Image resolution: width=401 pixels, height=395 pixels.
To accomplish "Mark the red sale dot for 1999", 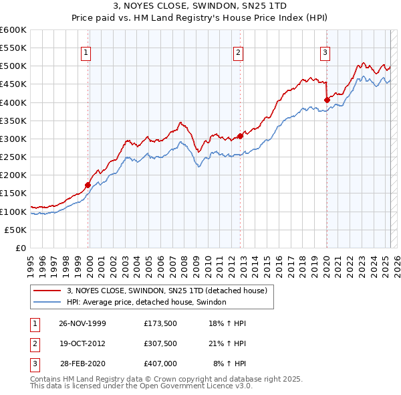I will (x=88, y=185).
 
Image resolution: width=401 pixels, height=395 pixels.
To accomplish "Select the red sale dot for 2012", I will (x=240, y=136).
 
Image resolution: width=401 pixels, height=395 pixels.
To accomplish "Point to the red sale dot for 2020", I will (x=327, y=100).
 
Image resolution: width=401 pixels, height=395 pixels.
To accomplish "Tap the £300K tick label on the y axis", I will (x=13, y=139).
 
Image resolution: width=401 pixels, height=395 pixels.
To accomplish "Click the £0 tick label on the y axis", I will (x=20, y=248).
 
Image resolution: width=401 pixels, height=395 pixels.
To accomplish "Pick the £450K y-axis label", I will (x=13, y=84).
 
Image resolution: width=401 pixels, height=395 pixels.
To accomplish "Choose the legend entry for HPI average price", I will (x=146, y=302).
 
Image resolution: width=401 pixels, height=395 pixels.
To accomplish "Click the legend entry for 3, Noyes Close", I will (x=167, y=291).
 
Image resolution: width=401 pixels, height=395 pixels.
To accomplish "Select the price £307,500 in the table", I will (x=160, y=343).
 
